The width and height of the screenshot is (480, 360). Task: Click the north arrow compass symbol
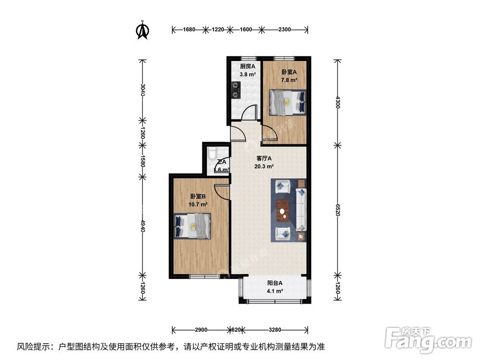(142, 30)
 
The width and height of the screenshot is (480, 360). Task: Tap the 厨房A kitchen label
(248, 66)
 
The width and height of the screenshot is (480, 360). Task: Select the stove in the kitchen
(235, 90)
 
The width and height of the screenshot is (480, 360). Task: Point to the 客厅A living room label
(264, 158)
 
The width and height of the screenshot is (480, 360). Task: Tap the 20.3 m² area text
(264, 167)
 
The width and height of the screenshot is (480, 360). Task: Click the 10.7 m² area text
(198, 204)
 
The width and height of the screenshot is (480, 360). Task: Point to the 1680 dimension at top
(189, 30)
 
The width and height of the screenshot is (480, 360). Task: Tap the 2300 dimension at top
(284, 30)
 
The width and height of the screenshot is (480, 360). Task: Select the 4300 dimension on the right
(338, 102)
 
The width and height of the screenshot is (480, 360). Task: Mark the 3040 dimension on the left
(142, 89)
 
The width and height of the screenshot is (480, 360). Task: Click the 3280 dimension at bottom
(275, 330)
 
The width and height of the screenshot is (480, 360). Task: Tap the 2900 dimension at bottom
(201, 330)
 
